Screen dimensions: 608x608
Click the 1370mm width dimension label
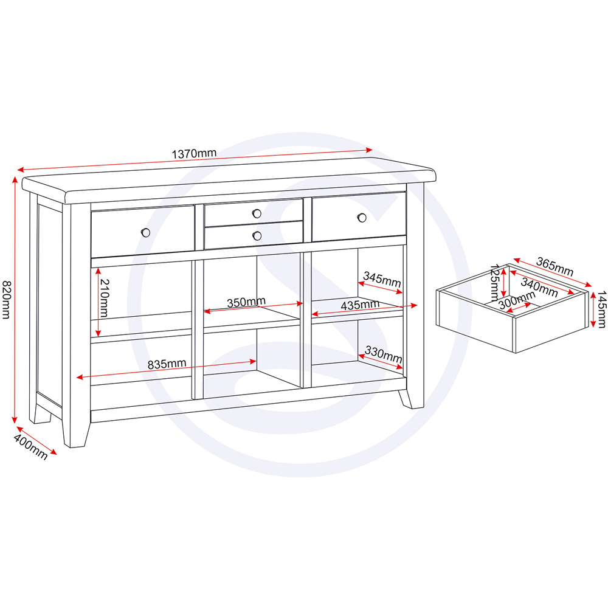click(194, 154)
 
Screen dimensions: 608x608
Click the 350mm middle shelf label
click(246, 302)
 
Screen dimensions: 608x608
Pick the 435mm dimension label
click(360, 305)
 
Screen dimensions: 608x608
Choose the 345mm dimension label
click(381, 281)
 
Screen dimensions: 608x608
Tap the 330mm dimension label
click(383, 355)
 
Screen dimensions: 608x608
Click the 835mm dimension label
click(167, 364)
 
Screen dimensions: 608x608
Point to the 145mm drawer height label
click(601, 309)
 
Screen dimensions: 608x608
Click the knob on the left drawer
click(145, 232)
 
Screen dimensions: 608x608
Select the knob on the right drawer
click(362, 217)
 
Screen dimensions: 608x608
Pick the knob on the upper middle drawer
click(257, 213)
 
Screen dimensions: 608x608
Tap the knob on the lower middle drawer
click(257, 235)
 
